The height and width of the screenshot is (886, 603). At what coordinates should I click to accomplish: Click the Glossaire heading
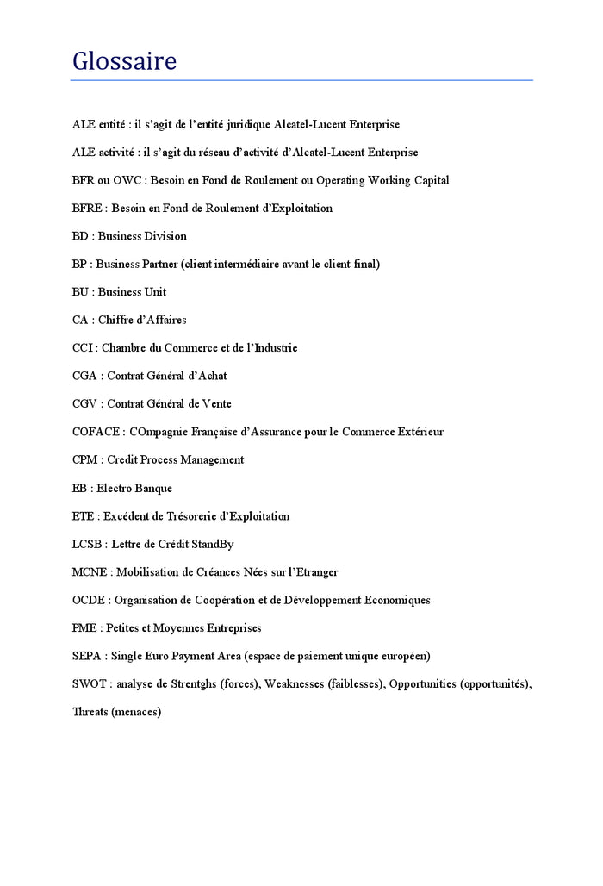pyautogui.click(x=124, y=61)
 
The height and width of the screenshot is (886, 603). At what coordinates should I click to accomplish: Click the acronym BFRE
pyautogui.click(x=89, y=208)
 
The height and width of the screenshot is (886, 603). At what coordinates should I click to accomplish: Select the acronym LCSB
pyautogui.click(x=90, y=544)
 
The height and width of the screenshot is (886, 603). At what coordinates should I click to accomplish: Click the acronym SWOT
pyautogui.click(x=90, y=684)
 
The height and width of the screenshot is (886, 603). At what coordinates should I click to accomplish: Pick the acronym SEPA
pyautogui.click(x=88, y=656)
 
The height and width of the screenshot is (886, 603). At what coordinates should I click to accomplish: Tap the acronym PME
pyautogui.click(x=85, y=628)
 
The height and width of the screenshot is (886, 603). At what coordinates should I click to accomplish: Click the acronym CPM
pyautogui.click(x=84, y=460)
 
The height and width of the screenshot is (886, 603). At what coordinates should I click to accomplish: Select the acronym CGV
pyautogui.click(x=85, y=403)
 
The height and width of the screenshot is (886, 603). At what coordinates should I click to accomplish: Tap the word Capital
pyautogui.click(x=428, y=180)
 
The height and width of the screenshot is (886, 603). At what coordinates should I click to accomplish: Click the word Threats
pyautogui.click(x=90, y=712)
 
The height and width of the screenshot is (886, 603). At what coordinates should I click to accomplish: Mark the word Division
pyautogui.click(x=166, y=236)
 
